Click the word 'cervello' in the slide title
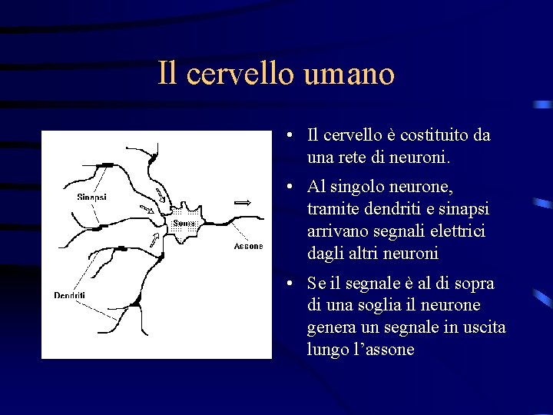[x=240, y=74]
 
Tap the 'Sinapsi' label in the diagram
[x=91, y=197]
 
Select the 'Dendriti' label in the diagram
[x=69, y=295]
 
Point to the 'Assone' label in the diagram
[x=248, y=247]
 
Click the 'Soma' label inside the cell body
[x=184, y=223]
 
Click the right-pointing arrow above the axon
[x=243, y=202]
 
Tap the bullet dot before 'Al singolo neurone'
[x=286, y=187]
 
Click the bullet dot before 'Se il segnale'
[x=286, y=284]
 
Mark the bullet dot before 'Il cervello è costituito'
[x=286, y=136]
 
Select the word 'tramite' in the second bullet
[x=332, y=209]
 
